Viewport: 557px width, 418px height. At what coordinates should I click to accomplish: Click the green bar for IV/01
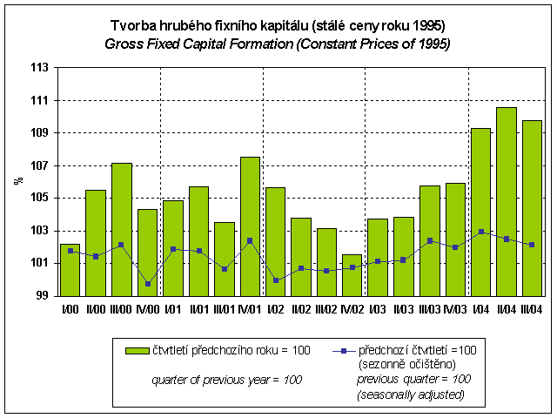(x=250, y=226)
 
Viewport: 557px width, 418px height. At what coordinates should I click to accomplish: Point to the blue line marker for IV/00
(x=147, y=284)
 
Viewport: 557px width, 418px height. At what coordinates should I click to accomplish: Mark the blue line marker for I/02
(x=276, y=280)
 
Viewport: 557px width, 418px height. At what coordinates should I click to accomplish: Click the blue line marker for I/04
(x=480, y=232)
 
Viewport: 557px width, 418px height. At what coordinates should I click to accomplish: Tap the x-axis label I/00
(x=70, y=309)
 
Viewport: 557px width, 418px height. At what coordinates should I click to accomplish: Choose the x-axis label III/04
(x=531, y=309)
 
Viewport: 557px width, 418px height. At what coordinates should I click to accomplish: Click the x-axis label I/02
(x=275, y=309)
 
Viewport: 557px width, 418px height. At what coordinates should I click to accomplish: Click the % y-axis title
(x=17, y=181)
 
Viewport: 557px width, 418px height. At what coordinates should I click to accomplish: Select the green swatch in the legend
(x=137, y=350)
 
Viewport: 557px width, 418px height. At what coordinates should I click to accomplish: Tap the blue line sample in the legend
(x=344, y=350)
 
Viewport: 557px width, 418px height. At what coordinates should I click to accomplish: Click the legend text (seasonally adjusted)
(x=410, y=395)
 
